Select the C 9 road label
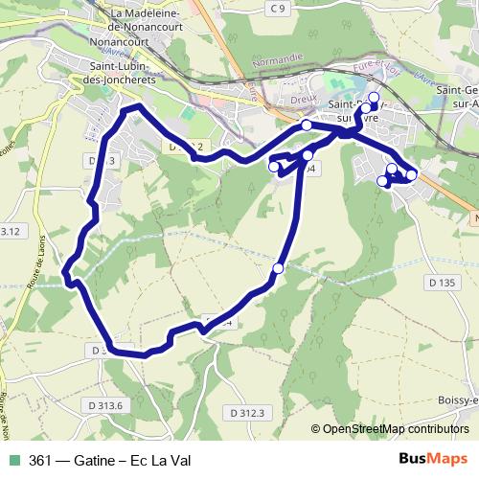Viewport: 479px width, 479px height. click(277, 9)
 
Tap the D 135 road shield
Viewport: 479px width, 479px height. click(442, 283)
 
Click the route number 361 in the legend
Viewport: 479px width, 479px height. click(39, 461)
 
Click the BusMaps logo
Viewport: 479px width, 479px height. click(433, 459)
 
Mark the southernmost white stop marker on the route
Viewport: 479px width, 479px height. click(278, 268)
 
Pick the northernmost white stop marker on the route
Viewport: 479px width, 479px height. click(374, 97)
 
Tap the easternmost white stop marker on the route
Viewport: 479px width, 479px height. click(412, 174)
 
